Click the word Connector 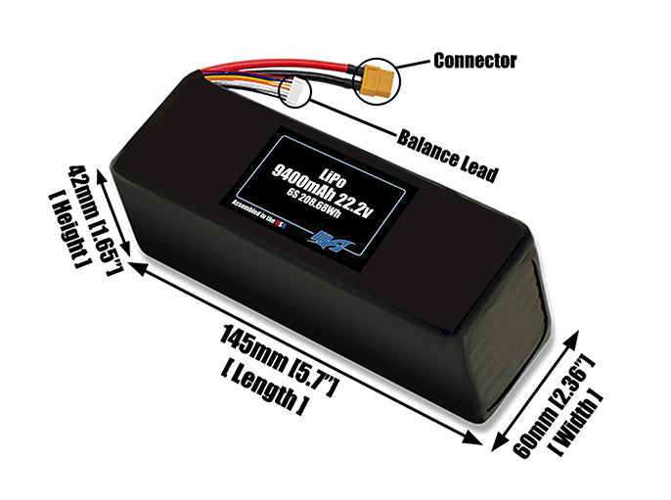pyautogui.click(x=475, y=61)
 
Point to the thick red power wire pyautogui.click(x=293, y=69)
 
